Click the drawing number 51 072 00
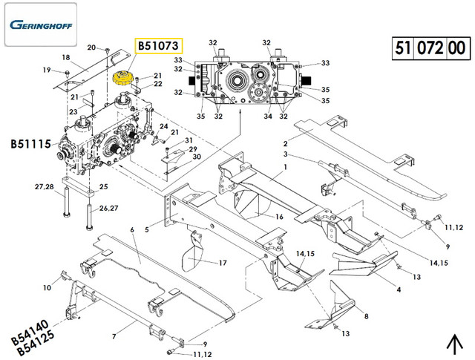tap(427, 50)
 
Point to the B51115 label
tap(30, 143)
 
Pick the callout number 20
tap(91, 48)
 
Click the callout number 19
tap(46, 71)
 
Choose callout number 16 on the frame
tap(279, 217)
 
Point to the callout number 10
tap(47, 287)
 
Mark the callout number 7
tap(114, 336)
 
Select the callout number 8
tap(366, 317)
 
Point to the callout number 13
tap(416, 276)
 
